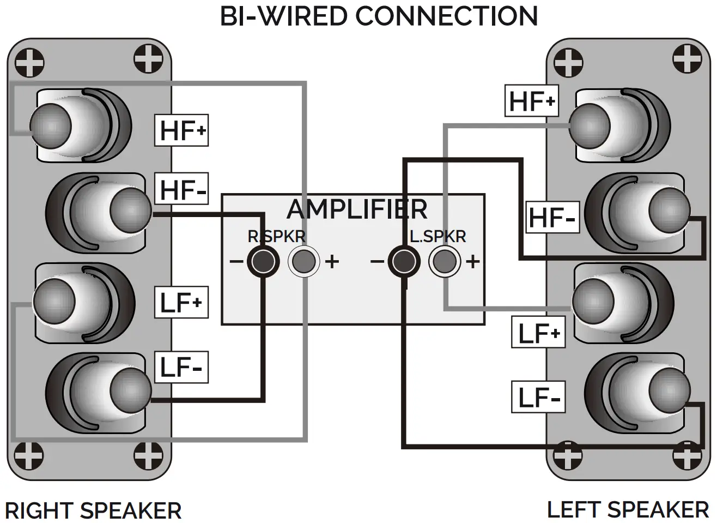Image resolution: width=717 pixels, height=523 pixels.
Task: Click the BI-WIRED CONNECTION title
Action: click(379, 16)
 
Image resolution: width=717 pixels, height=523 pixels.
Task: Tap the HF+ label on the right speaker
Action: click(182, 130)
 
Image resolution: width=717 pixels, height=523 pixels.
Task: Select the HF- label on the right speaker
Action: click(182, 190)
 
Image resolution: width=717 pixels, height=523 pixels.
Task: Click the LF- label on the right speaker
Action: click(181, 367)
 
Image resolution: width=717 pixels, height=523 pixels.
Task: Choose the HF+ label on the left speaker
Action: click(531, 101)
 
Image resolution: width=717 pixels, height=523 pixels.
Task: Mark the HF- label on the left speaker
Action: click(552, 218)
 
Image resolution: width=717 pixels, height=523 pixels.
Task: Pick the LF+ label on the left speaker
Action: click(538, 333)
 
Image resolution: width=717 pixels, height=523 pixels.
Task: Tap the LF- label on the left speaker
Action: click(538, 397)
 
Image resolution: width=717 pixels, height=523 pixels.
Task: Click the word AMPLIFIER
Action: click(357, 209)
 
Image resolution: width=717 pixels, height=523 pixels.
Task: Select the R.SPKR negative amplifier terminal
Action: click(263, 262)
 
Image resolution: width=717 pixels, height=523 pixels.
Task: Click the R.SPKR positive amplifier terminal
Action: click(303, 262)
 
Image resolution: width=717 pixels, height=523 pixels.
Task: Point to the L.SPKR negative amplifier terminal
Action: click(404, 262)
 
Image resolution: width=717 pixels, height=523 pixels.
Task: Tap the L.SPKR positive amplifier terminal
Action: click(445, 262)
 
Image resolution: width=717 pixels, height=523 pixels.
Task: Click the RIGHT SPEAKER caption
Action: click(93, 511)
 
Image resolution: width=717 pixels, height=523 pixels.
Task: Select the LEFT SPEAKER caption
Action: click(628, 510)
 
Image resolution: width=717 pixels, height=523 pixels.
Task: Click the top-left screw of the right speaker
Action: click(29, 62)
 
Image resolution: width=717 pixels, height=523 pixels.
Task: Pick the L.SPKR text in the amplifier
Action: click(438, 236)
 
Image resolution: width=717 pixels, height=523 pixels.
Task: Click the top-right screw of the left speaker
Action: click(687, 58)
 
